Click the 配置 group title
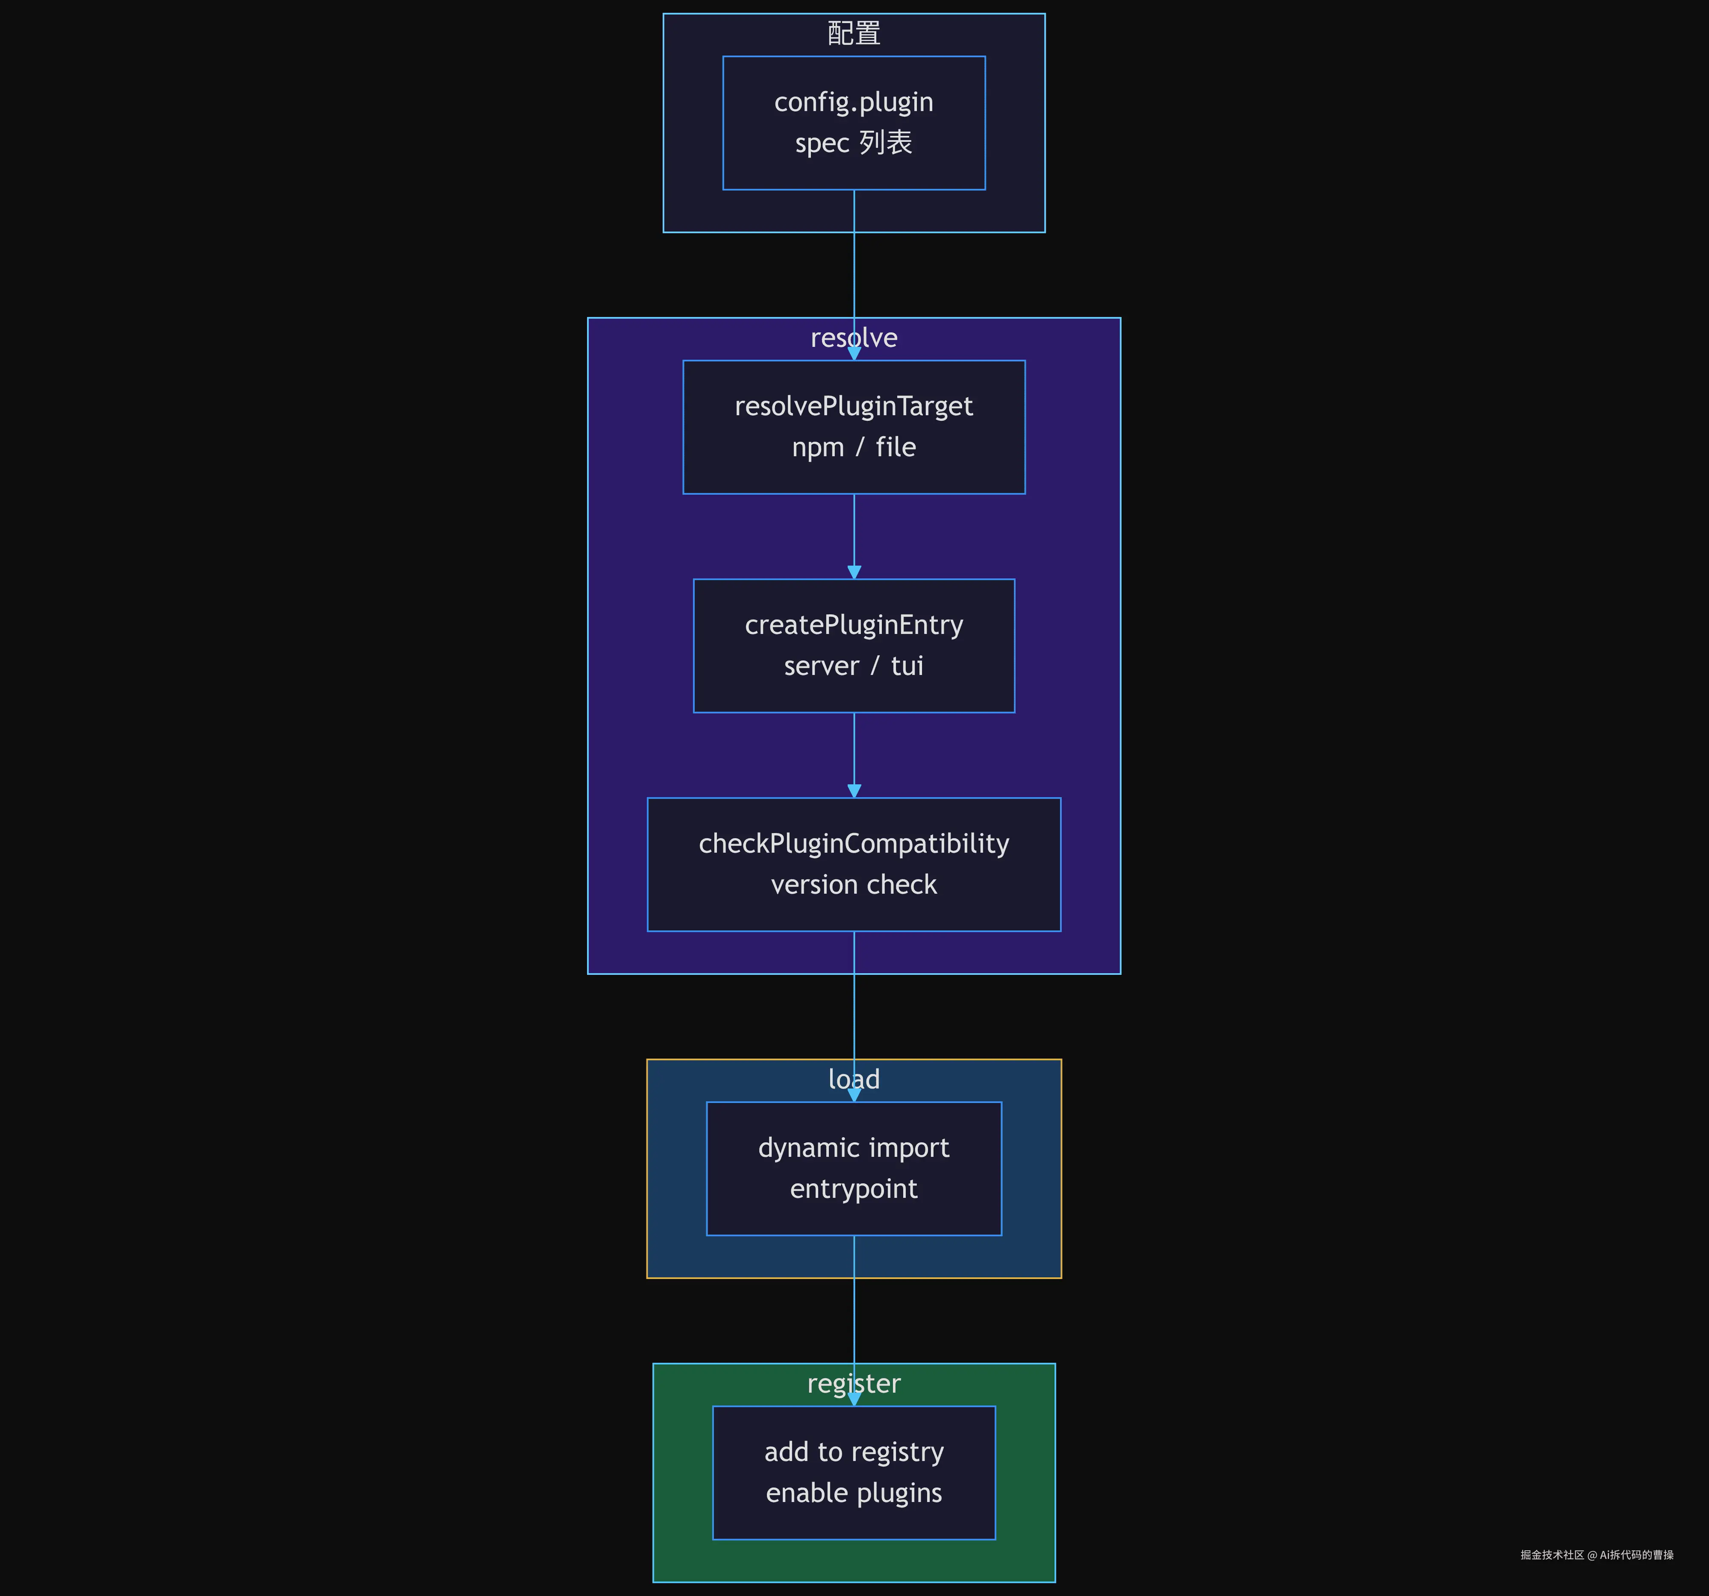pyautogui.click(x=854, y=33)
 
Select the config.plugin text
pyautogui.click(x=854, y=102)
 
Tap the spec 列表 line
pyautogui.click(x=854, y=143)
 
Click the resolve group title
pyautogui.click(x=854, y=338)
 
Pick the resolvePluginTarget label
pyautogui.click(x=854, y=407)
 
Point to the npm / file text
pyautogui.click(x=854, y=447)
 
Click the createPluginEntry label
pyautogui.click(x=854, y=625)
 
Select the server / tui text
pyautogui.click(x=854, y=666)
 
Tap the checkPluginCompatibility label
pyautogui.click(x=854, y=844)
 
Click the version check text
pyautogui.click(x=854, y=884)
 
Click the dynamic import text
pyautogui.click(x=854, y=1148)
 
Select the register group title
pyautogui.click(x=854, y=1384)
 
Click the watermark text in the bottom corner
pyautogui.click(x=1596, y=1555)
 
